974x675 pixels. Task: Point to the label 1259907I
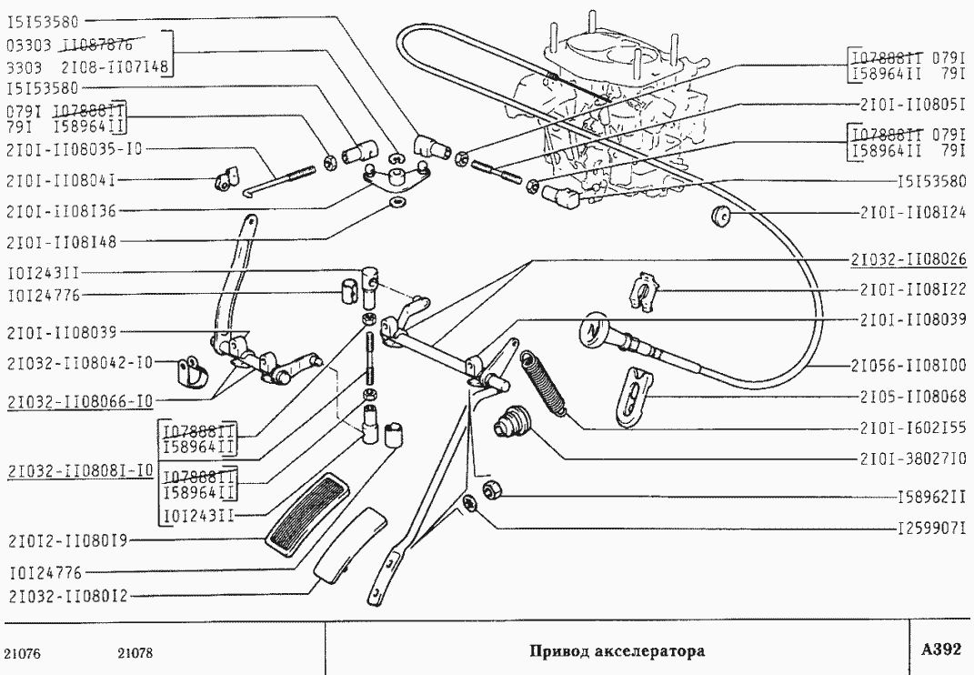[930, 528]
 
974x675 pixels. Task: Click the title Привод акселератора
[618, 651]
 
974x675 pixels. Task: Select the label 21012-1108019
[65, 539]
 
